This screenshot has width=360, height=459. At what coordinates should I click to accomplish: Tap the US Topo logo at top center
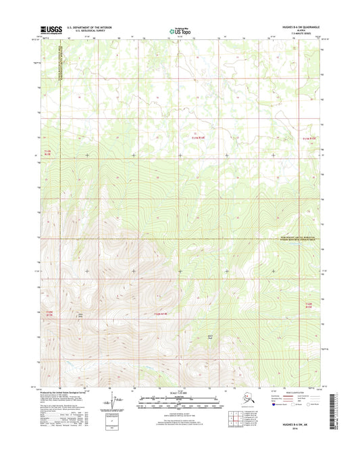point(178,30)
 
